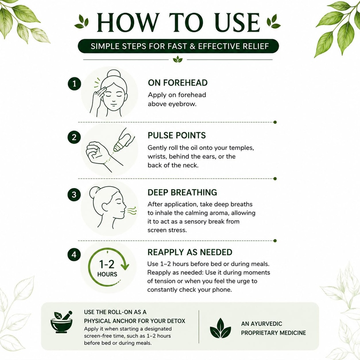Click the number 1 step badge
click(x=75, y=84)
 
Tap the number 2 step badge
click(x=74, y=137)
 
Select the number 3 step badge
click(x=74, y=195)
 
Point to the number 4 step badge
click(x=74, y=255)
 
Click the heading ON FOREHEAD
click(x=178, y=83)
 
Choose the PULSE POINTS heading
click(x=176, y=135)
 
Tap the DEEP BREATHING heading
click(x=182, y=192)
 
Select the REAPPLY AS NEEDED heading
click(x=189, y=252)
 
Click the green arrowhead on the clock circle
click(x=125, y=266)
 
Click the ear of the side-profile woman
click(x=105, y=207)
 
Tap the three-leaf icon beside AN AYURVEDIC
click(x=220, y=328)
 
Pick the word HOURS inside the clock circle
click(x=107, y=274)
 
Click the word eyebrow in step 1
click(x=182, y=104)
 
